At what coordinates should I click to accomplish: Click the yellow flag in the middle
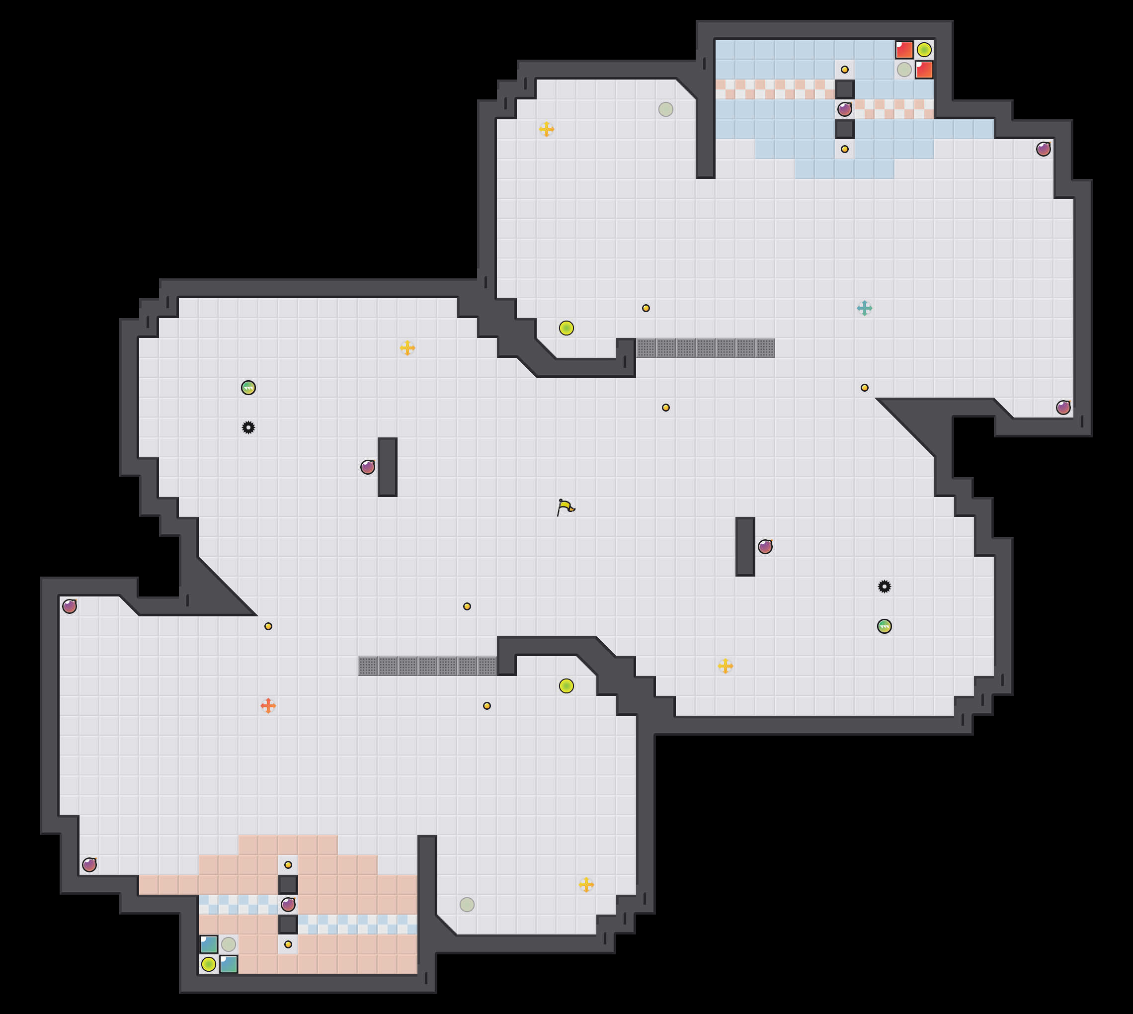pyautogui.click(x=565, y=507)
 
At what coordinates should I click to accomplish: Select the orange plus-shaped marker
pyautogui.click(x=268, y=706)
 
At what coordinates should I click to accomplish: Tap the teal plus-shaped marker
pyautogui.click(x=864, y=308)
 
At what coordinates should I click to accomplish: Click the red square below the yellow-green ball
pyautogui.click(x=924, y=70)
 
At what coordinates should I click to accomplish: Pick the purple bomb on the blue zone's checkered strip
pyautogui.click(x=844, y=109)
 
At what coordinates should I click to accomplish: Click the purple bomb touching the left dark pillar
pyautogui.click(x=368, y=467)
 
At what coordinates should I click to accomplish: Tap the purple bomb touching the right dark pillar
pyautogui.click(x=765, y=547)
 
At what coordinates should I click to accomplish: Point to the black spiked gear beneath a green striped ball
pyautogui.click(x=248, y=427)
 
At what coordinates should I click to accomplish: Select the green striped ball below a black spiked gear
pyautogui.click(x=884, y=626)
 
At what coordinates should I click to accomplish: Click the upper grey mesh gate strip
pyautogui.click(x=705, y=347)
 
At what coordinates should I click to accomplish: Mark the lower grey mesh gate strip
pyautogui.click(x=427, y=666)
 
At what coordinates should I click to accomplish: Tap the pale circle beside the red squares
pyautogui.click(x=904, y=70)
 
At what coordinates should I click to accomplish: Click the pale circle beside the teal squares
pyautogui.click(x=229, y=944)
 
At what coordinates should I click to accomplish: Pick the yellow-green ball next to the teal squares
pyautogui.click(x=208, y=964)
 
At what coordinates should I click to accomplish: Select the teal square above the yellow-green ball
pyautogui.click(x=208, y=944)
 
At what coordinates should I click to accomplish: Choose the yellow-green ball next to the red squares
pyautogui.click(x=924, y=50)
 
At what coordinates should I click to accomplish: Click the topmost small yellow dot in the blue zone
pyautogui.click(x=844, y=70)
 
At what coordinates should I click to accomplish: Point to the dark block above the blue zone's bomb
pyautogui.click(x=844, y=89)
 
